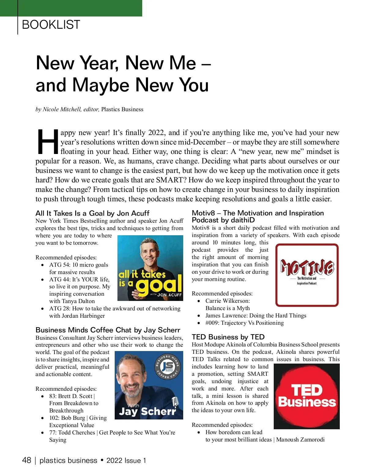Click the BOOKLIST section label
coord(51,24)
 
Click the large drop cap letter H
coord(47,142)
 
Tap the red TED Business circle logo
coord(307,396)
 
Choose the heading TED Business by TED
coord(228,337)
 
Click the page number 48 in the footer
coord(27,460)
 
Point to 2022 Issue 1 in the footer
coord(126,461)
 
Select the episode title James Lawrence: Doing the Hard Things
coord(256,316)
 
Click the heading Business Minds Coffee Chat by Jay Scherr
coord(108,330)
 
